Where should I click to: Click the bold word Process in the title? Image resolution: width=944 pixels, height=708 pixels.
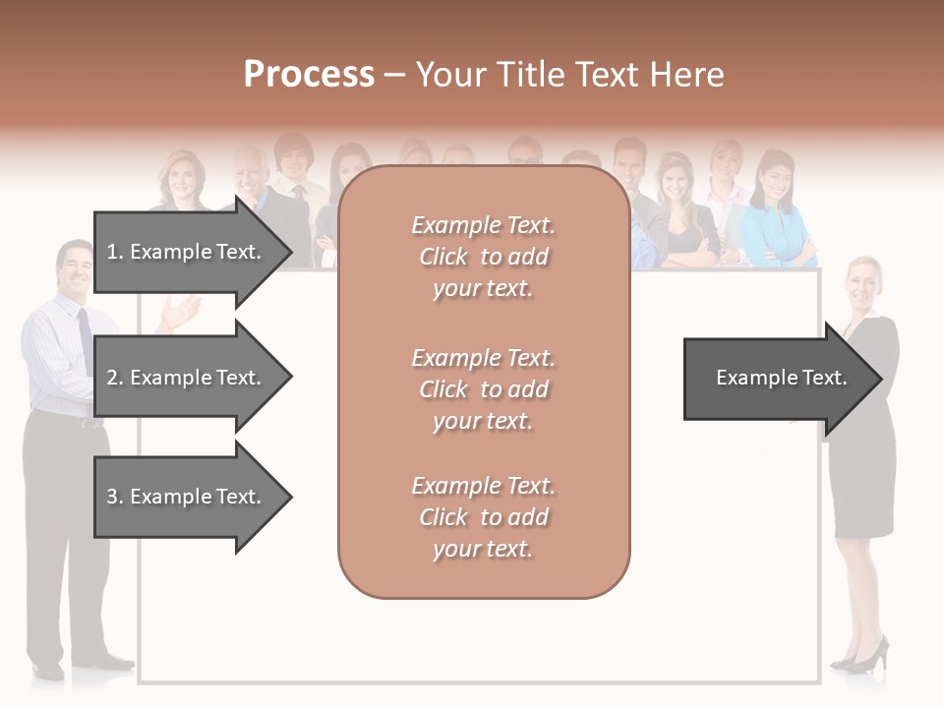pos(309,75)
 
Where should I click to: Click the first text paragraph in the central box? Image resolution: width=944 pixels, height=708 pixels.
pos(483,257)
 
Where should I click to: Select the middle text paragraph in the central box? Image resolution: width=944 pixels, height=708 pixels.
pos(483,389)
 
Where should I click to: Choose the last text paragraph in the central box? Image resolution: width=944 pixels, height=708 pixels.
pos(483,517)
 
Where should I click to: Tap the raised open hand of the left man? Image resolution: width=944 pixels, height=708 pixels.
pos(181,312)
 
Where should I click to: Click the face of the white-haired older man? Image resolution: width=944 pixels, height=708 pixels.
pos(252,173)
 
